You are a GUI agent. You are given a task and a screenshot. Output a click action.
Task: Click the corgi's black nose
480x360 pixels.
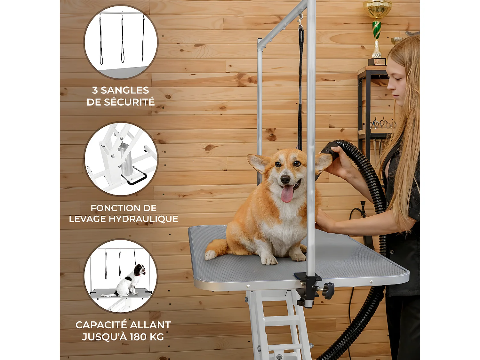(x=285, y=179)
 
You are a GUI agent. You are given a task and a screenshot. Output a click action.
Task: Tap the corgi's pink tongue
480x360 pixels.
(x=287, y=194)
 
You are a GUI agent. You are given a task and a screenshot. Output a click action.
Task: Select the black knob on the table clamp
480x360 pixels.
(x=328, y=291)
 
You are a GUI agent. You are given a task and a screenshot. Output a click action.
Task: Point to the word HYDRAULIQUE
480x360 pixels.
(x=143, y=219)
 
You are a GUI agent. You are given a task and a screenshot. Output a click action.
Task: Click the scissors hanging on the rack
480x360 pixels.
(x=383, y=124)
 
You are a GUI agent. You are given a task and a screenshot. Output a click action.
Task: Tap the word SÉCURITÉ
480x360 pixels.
(x=129, y=102)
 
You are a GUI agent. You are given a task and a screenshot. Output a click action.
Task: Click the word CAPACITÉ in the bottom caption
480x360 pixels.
(x=101, y=325)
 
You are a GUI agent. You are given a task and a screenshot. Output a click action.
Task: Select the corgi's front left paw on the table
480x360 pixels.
(x=269, y=260)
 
